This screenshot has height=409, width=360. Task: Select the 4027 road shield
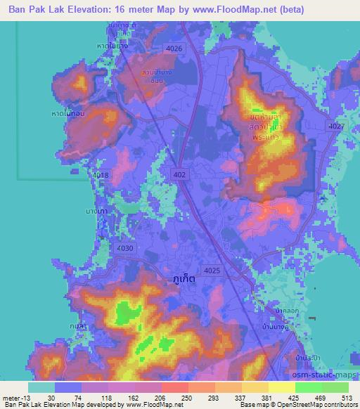(335, 125)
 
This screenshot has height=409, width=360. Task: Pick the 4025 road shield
(211, 270)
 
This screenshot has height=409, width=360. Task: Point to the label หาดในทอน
(67, 113)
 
